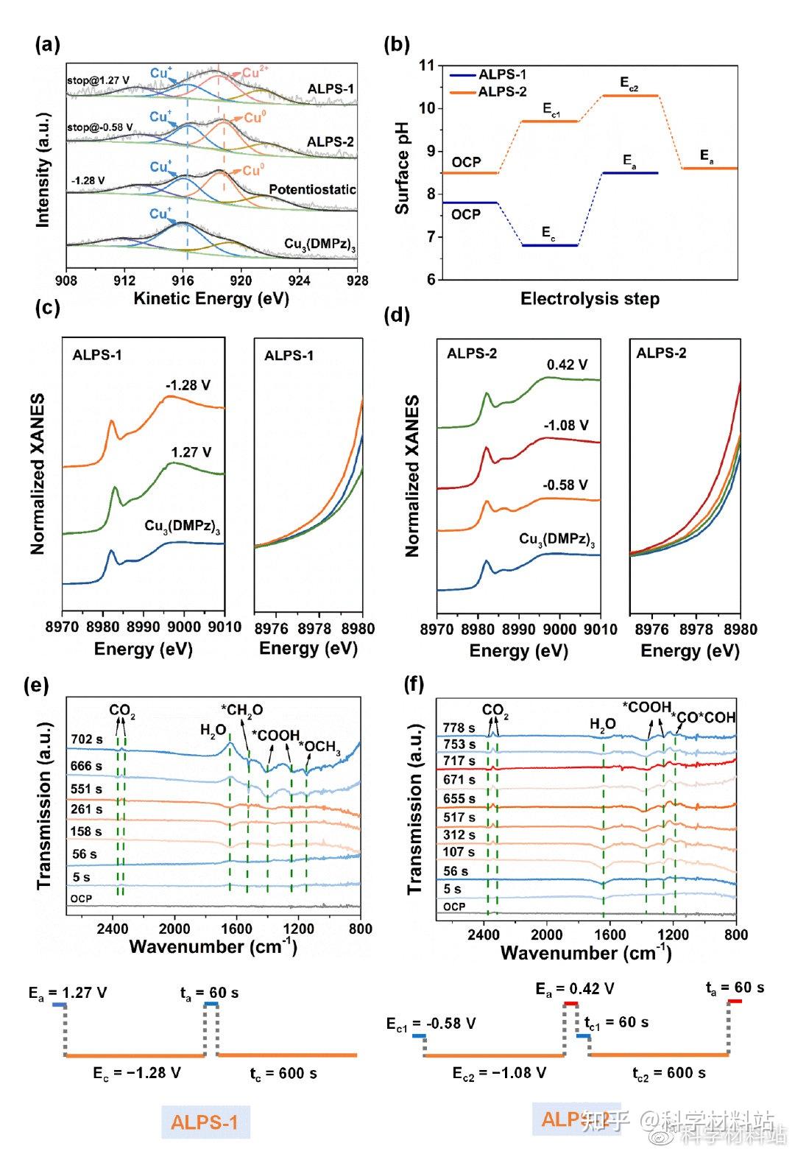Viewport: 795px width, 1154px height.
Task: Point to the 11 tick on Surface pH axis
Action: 426,66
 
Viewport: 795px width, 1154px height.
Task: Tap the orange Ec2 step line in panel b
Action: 630,96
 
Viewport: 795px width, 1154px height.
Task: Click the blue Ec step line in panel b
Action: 549,245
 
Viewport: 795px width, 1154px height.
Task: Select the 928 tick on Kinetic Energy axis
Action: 358,280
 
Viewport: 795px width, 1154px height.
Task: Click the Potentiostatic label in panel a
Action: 312,189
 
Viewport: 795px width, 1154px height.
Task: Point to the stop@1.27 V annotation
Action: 98,80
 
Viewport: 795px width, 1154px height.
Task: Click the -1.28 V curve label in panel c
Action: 188,385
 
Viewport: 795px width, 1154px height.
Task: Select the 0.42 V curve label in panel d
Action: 567,365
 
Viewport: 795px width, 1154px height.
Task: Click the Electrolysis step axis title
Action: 590,299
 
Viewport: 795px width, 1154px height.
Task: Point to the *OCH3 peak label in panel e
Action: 319,747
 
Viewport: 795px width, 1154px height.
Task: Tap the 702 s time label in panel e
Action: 87,739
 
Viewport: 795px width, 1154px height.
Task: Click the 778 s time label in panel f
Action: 459,728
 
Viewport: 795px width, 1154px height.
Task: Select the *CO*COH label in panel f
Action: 704,717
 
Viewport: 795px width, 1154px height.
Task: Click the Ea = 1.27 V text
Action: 68,993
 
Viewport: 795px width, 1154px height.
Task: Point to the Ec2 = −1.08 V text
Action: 499,1072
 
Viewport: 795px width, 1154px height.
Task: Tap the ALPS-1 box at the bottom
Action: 205,1122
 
